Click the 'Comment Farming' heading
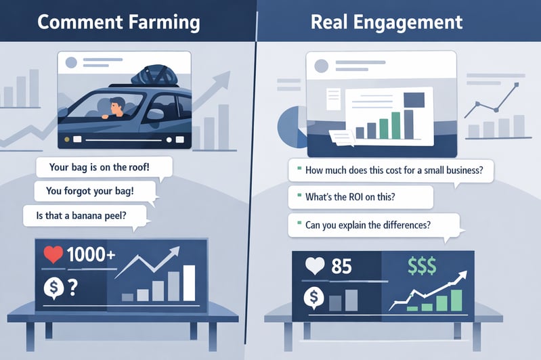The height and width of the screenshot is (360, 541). [118, 22]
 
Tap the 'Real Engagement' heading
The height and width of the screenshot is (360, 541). [387, 22]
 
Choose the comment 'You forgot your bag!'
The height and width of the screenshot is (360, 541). [90, 191]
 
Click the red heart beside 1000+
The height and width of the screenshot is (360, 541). [53, 254]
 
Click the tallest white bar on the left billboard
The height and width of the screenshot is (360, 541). [189, 283]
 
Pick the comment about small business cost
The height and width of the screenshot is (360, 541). [394, 171]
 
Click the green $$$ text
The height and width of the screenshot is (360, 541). [422, 266]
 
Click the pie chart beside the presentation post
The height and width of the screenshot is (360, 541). [290, 128]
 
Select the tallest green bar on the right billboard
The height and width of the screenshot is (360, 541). [457, 300]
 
